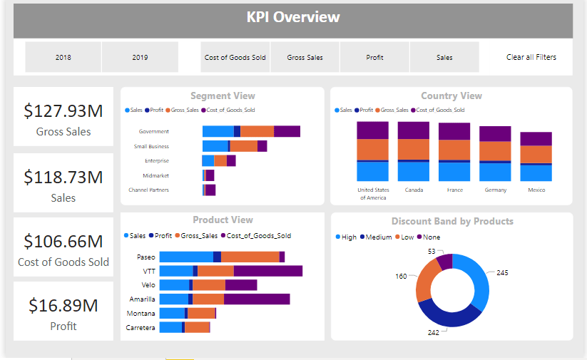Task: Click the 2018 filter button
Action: [x=63, y=57]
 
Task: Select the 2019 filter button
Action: [x=140, y=57]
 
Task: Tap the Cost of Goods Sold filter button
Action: [x=235, y=57]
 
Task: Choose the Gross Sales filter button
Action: [x=305, y=57]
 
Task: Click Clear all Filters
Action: [x=531, y=57]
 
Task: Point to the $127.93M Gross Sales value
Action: [x=63, y=111]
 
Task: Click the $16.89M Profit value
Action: [x=63, y=306]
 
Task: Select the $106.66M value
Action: [x=63, y=241]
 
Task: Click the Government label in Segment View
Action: [x=154, y=131]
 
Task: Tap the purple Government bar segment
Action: [x=287, y=131]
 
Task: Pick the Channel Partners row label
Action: [x=148, y=190]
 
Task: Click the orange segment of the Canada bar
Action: [x=414, y=149]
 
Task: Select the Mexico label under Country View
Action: [x=536, y=190]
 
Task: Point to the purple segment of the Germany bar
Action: [x=495, y=134]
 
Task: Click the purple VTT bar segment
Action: [x=267, y=271]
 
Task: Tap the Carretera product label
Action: [x=141, y=328]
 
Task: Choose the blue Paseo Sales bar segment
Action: [x=186, y=257]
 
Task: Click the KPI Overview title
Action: [x=293, y=17]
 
